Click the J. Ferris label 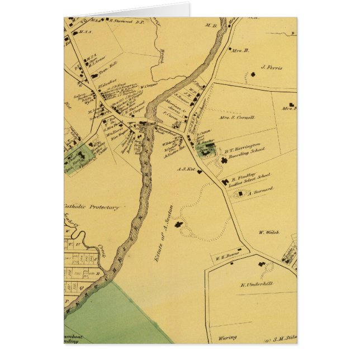tap(271, 68)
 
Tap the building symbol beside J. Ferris tap(254, 73)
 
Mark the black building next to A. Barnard tap(241, 193)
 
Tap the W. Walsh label tap(268, 232)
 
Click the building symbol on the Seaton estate tap(179, 225)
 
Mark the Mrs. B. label tap(241, 50)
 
